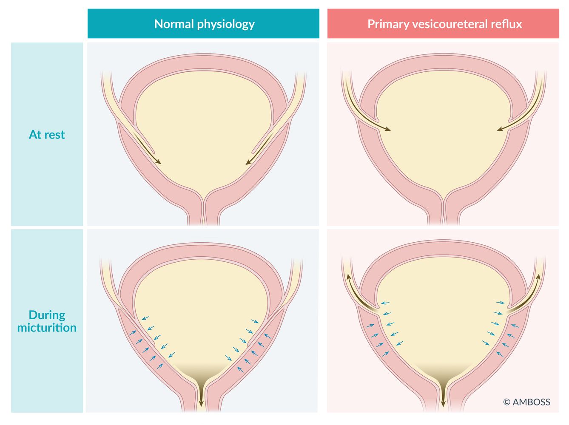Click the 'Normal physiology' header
click(x=204, y=24)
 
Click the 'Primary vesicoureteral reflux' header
click(x=444, y=24)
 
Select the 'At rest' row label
click(x=47, y=135)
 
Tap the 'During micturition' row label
click(x=47, y=321)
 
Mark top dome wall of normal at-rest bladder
click(x=204, y=62)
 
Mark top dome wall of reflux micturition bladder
click(x=444, y=248)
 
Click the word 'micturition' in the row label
click(x=47, y=328)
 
